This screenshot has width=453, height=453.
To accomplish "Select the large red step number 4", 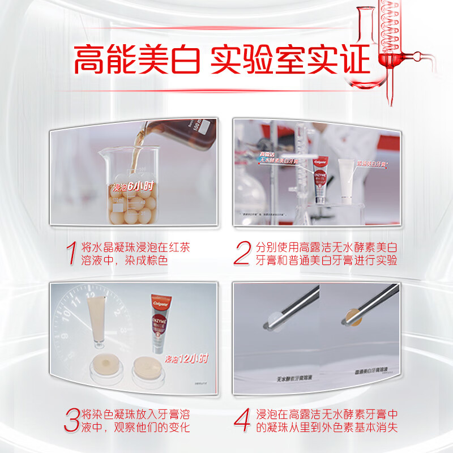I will [x=244, y=420].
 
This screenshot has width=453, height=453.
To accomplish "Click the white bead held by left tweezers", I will [x=271, y=321].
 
